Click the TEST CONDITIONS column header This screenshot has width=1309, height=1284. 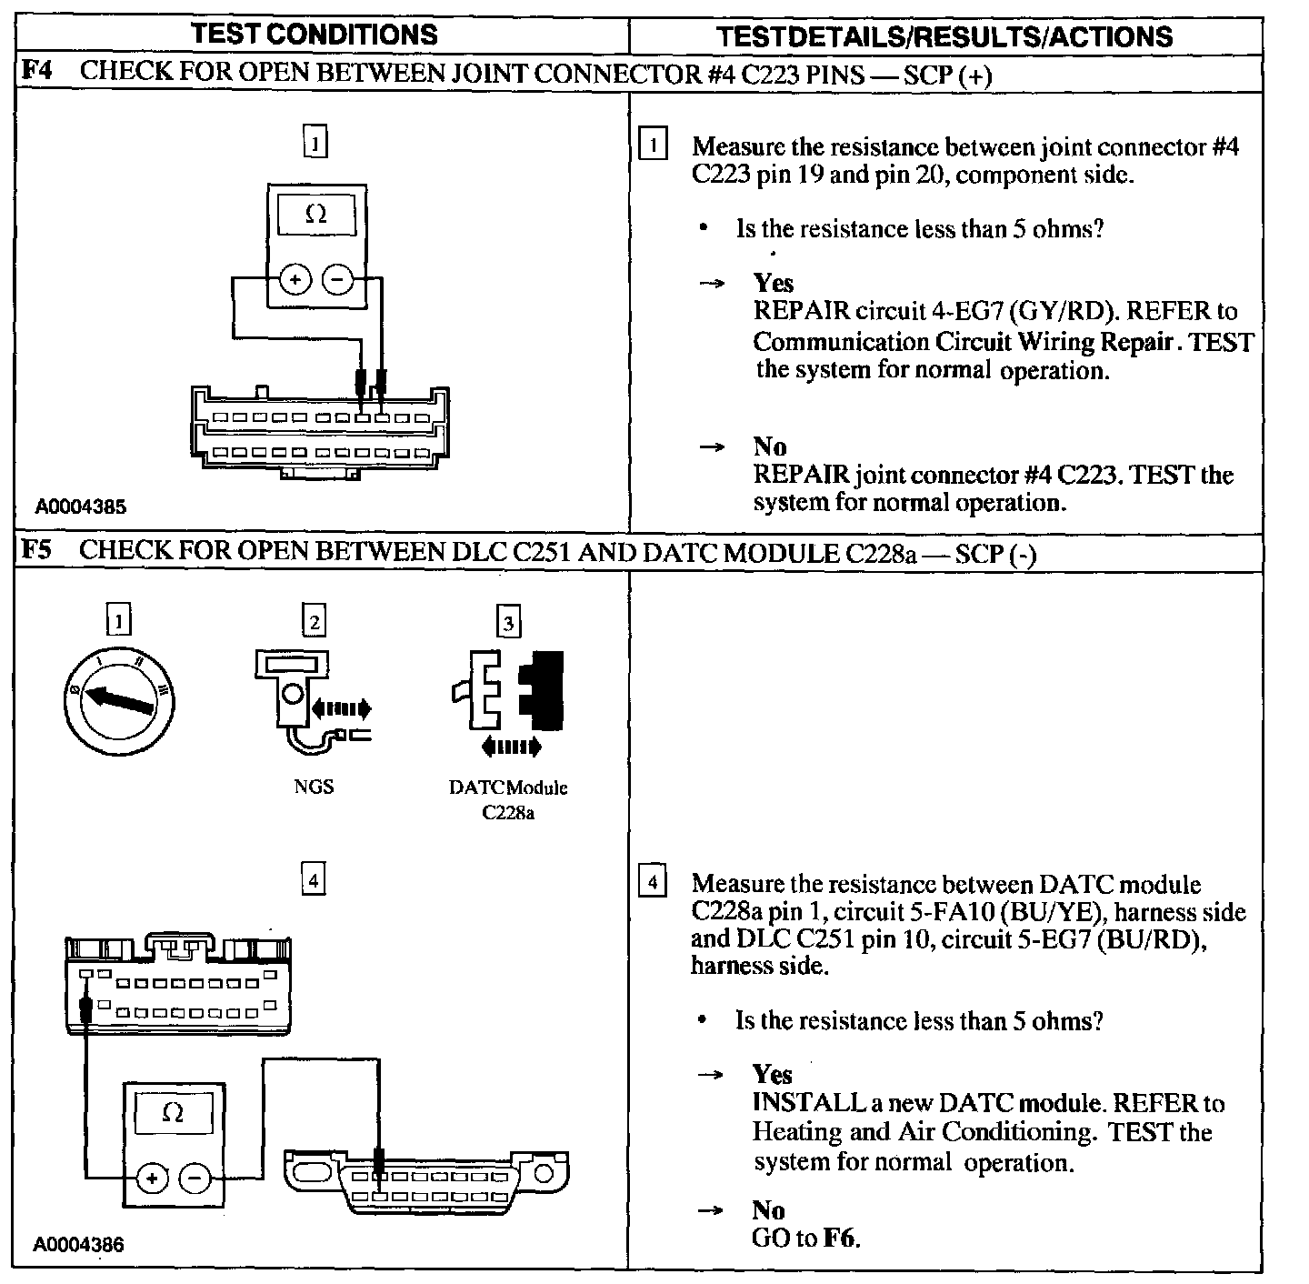(315, 35)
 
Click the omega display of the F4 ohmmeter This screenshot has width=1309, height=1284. (315, 215)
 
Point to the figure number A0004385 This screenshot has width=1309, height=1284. (80, 507)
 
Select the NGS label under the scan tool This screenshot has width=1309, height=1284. (314, 787)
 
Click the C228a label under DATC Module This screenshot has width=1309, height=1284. (508, 813)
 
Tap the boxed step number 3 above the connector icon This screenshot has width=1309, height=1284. (508, 623)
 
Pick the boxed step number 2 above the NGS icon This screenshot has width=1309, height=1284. (314, 622)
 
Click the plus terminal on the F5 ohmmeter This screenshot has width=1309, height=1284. (152, 1179)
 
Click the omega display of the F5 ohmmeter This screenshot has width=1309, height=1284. (173, 1113)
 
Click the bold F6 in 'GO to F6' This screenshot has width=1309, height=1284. (840, 1238)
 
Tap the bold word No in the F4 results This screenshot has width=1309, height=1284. (770, 446)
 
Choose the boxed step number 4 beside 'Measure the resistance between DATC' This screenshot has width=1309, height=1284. (654, 882)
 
